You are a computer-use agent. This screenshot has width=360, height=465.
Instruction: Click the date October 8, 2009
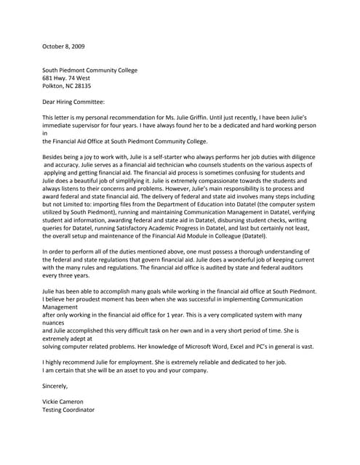click(x=63, y=46)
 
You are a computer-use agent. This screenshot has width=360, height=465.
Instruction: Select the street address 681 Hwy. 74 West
click(x=66, y=78)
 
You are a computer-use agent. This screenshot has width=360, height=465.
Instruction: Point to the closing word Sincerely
click(x=57, y=387)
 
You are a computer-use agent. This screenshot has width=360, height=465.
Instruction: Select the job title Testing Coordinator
click(x=68, y=410)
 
